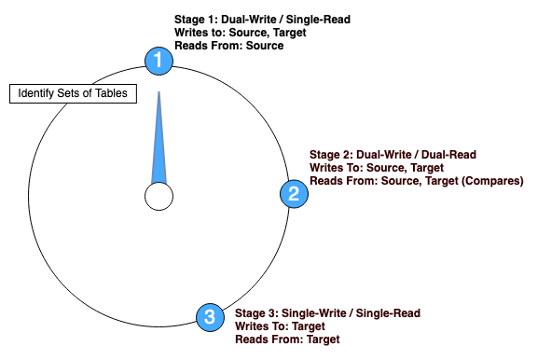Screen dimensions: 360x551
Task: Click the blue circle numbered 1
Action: click(158, 61)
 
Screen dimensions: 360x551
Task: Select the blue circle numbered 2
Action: click(293, 194)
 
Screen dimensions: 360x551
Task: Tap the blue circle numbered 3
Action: click(209, 317)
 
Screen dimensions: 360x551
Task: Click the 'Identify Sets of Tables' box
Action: click(74, 94)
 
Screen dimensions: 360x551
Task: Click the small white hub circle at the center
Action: click(158, 197)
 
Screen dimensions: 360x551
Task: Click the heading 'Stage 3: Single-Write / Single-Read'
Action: click(327, 312)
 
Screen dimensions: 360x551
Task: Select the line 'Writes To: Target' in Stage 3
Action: click(279, 326)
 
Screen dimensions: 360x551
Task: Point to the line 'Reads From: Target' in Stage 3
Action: click(286, 339)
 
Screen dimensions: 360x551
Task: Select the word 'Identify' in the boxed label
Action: click(37, 94)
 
